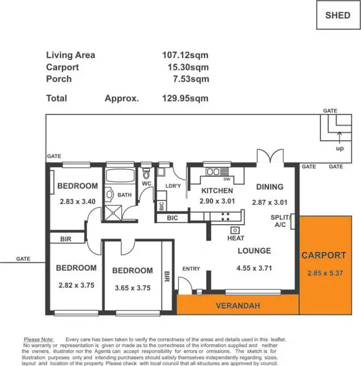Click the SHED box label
(337, 15)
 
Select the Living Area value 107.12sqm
(185, 55)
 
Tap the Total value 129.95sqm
(185, 98)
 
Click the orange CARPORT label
(323, 256)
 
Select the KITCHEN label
(217, 191)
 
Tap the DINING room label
(270, 187)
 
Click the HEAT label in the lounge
(236, 238)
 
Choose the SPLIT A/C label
(280, 221)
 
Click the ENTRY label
(191, 268)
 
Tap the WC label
(147, 184)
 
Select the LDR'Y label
(172, 186)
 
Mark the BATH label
(124, 195)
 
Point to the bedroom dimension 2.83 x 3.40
(77, 202)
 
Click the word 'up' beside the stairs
(340, 148)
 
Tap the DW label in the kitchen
(226, 179)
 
